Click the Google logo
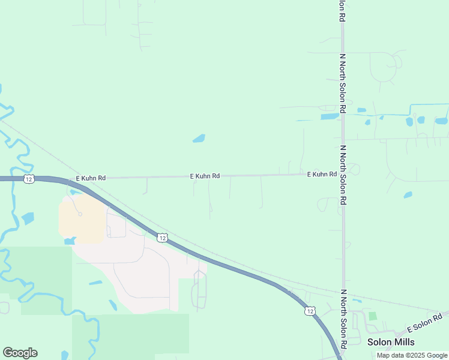[x=20, y=353]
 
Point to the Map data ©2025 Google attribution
[x=412, y=355]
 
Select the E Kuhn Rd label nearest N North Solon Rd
[x=322, y=174]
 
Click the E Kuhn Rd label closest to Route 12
[x=91, y=178]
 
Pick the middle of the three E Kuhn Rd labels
[x=205, y=176]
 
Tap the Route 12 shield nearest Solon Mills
[x=309, y=310]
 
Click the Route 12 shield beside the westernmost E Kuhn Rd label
[x=29, y=179]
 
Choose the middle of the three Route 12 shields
[x=162, y=238]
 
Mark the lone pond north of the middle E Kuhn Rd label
[x=199, y=139]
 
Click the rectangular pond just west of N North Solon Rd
[x=329, y=116]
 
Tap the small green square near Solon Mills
[x=373, y=316]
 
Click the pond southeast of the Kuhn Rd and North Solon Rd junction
[x=408, y=195]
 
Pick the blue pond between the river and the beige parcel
[x=28, y=218]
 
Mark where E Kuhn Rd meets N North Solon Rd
[x=343, y=174]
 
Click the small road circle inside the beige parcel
[x=80, y=214]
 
